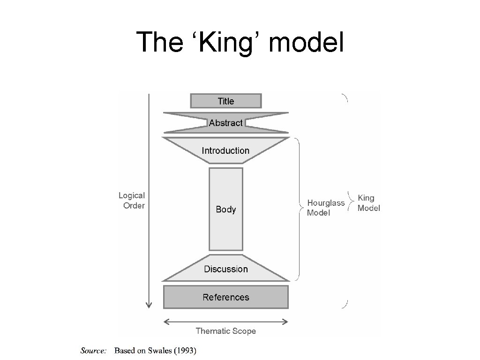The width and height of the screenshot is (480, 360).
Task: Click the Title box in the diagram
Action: click(225, 101)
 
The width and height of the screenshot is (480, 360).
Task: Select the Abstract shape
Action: click(225, 123)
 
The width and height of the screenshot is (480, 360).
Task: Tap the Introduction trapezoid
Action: click(225, 150)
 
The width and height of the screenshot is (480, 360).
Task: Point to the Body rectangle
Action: click(225, 209)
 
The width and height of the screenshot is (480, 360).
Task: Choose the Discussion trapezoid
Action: click(225, 269)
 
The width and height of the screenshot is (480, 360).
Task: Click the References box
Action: click(225, 297)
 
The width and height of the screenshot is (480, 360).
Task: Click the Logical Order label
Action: click(132, 200)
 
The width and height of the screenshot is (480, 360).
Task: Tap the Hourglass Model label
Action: click(325, 208)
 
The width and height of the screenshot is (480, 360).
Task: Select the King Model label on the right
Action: click(368, 203)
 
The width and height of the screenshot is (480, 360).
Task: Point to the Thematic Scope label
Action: click(225, 331)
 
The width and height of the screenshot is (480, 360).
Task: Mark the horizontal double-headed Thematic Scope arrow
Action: click(225, 322)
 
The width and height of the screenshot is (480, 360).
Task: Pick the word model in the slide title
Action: click(307, 43)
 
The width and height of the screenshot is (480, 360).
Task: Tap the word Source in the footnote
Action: click(94, 350)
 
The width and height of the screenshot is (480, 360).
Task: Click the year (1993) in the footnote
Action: click(186, 350)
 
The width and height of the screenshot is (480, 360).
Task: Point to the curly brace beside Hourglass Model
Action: click(299, 209)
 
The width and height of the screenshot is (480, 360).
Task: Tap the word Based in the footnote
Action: click(124, 350)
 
